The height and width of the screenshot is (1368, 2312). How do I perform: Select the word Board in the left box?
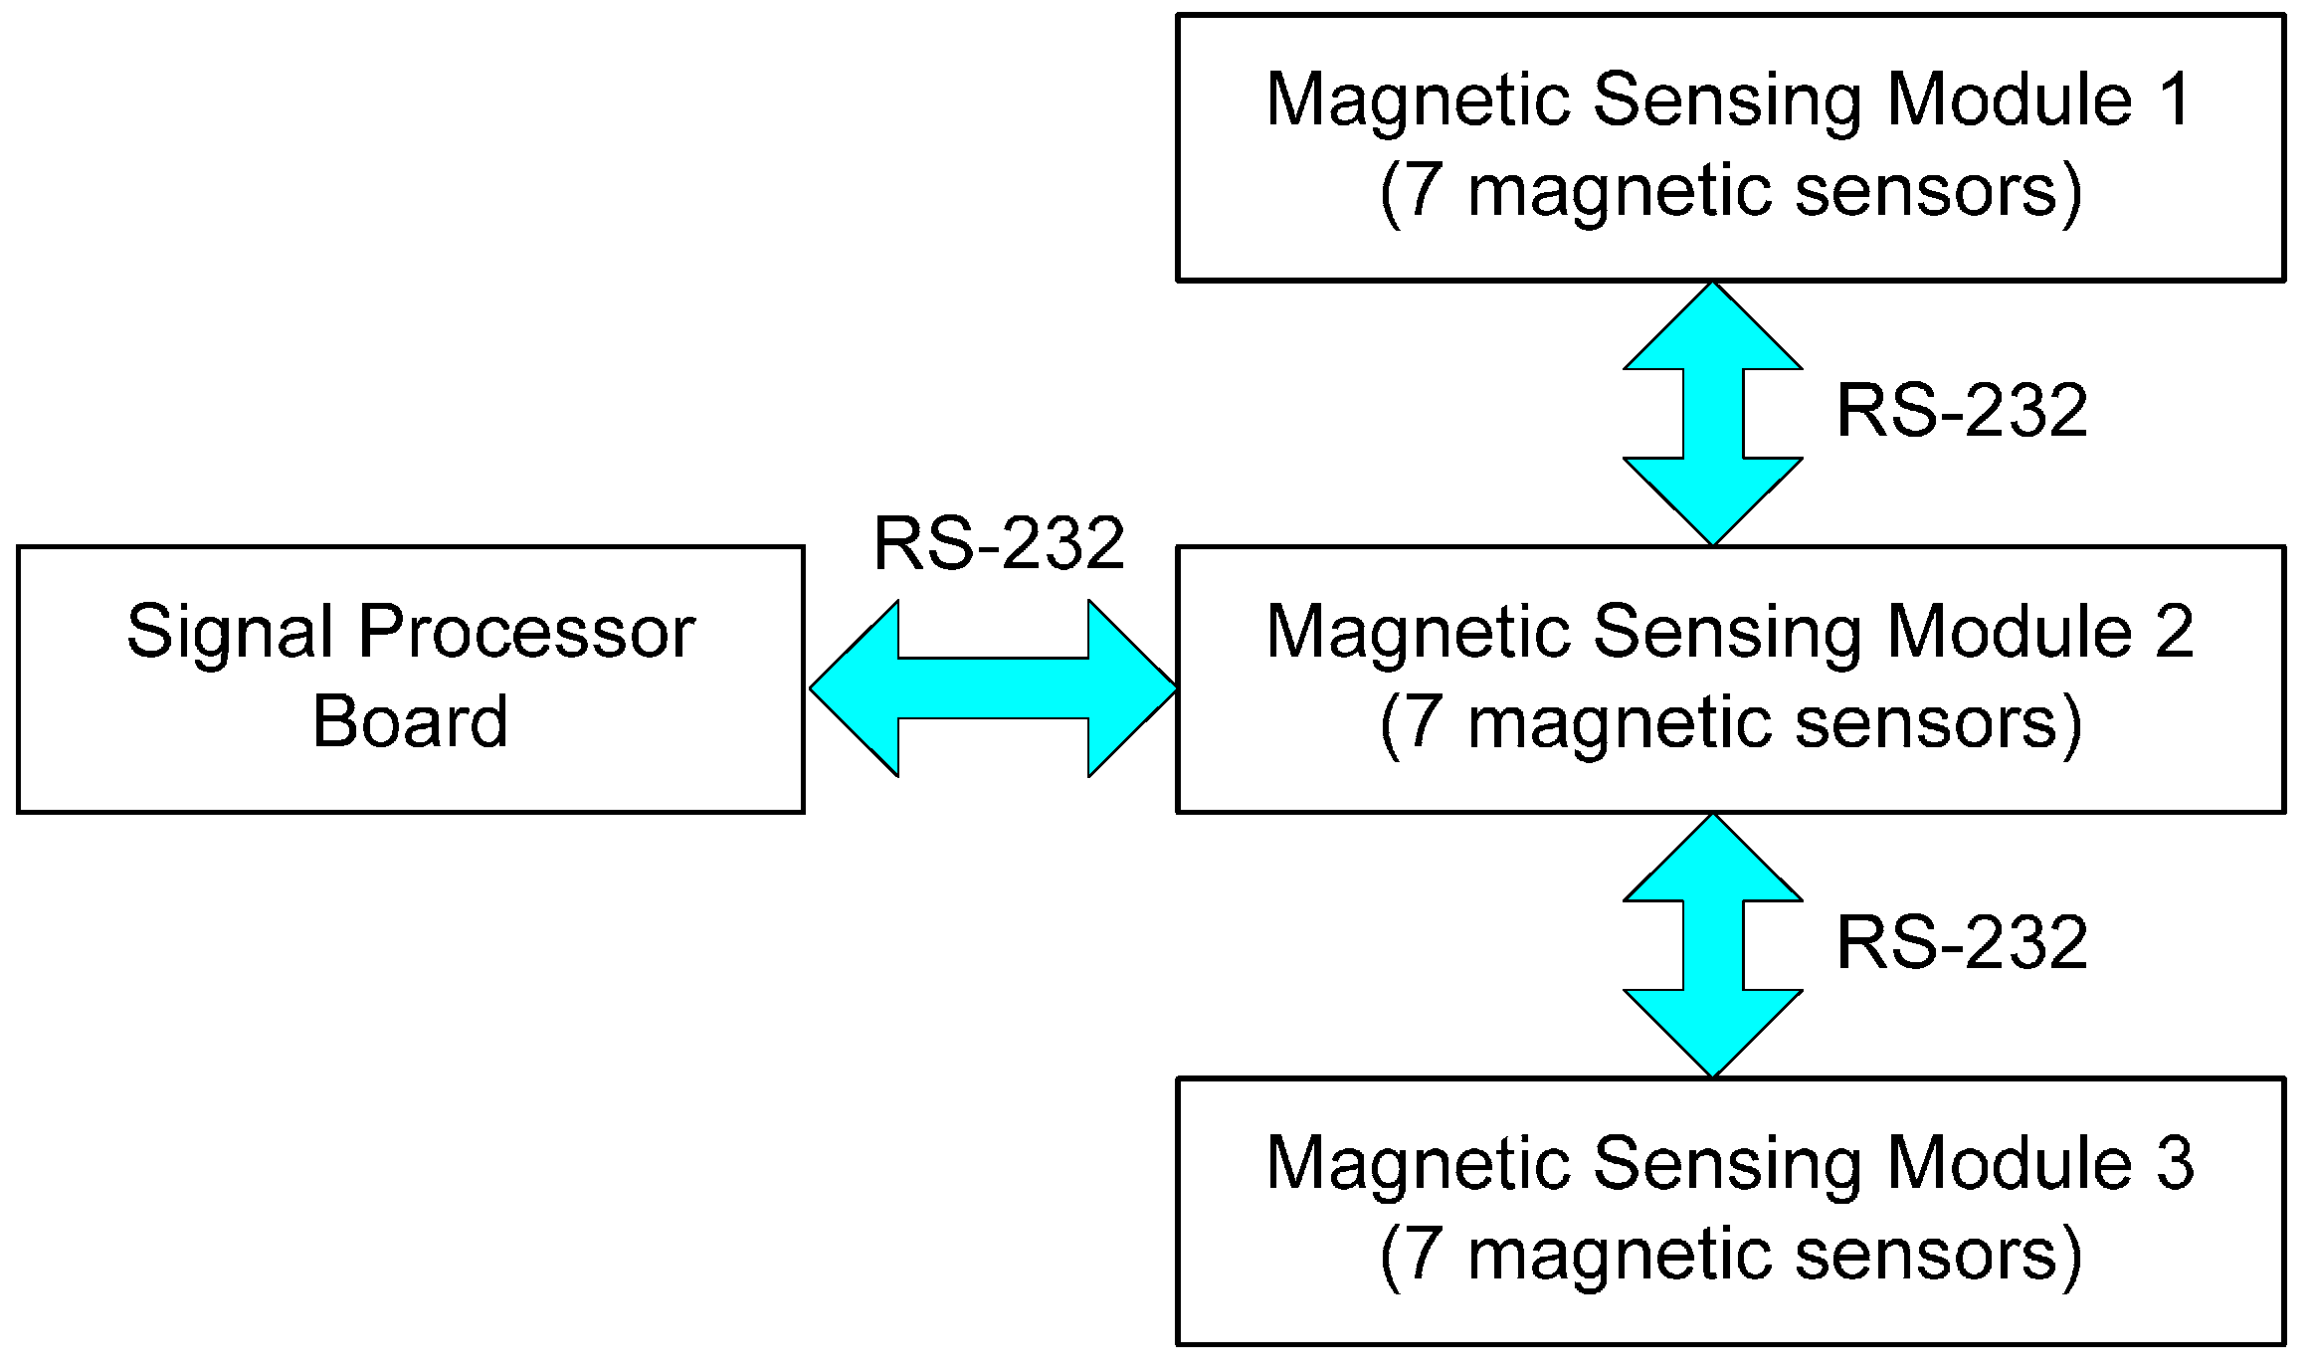410,722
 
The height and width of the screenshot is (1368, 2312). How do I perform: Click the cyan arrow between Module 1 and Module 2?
1712,414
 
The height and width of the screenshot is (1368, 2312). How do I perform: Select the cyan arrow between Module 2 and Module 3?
1712,946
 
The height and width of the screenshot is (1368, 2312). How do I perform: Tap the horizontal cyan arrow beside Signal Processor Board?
993,687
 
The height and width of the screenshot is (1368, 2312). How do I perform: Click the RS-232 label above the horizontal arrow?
998,544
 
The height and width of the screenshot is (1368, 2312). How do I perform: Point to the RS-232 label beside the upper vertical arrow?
1961,411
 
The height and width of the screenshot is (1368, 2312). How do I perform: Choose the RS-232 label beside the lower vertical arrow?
1961,943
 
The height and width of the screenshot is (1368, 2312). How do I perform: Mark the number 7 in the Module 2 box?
1424,722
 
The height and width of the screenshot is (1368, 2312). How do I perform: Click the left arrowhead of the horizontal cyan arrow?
854,687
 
